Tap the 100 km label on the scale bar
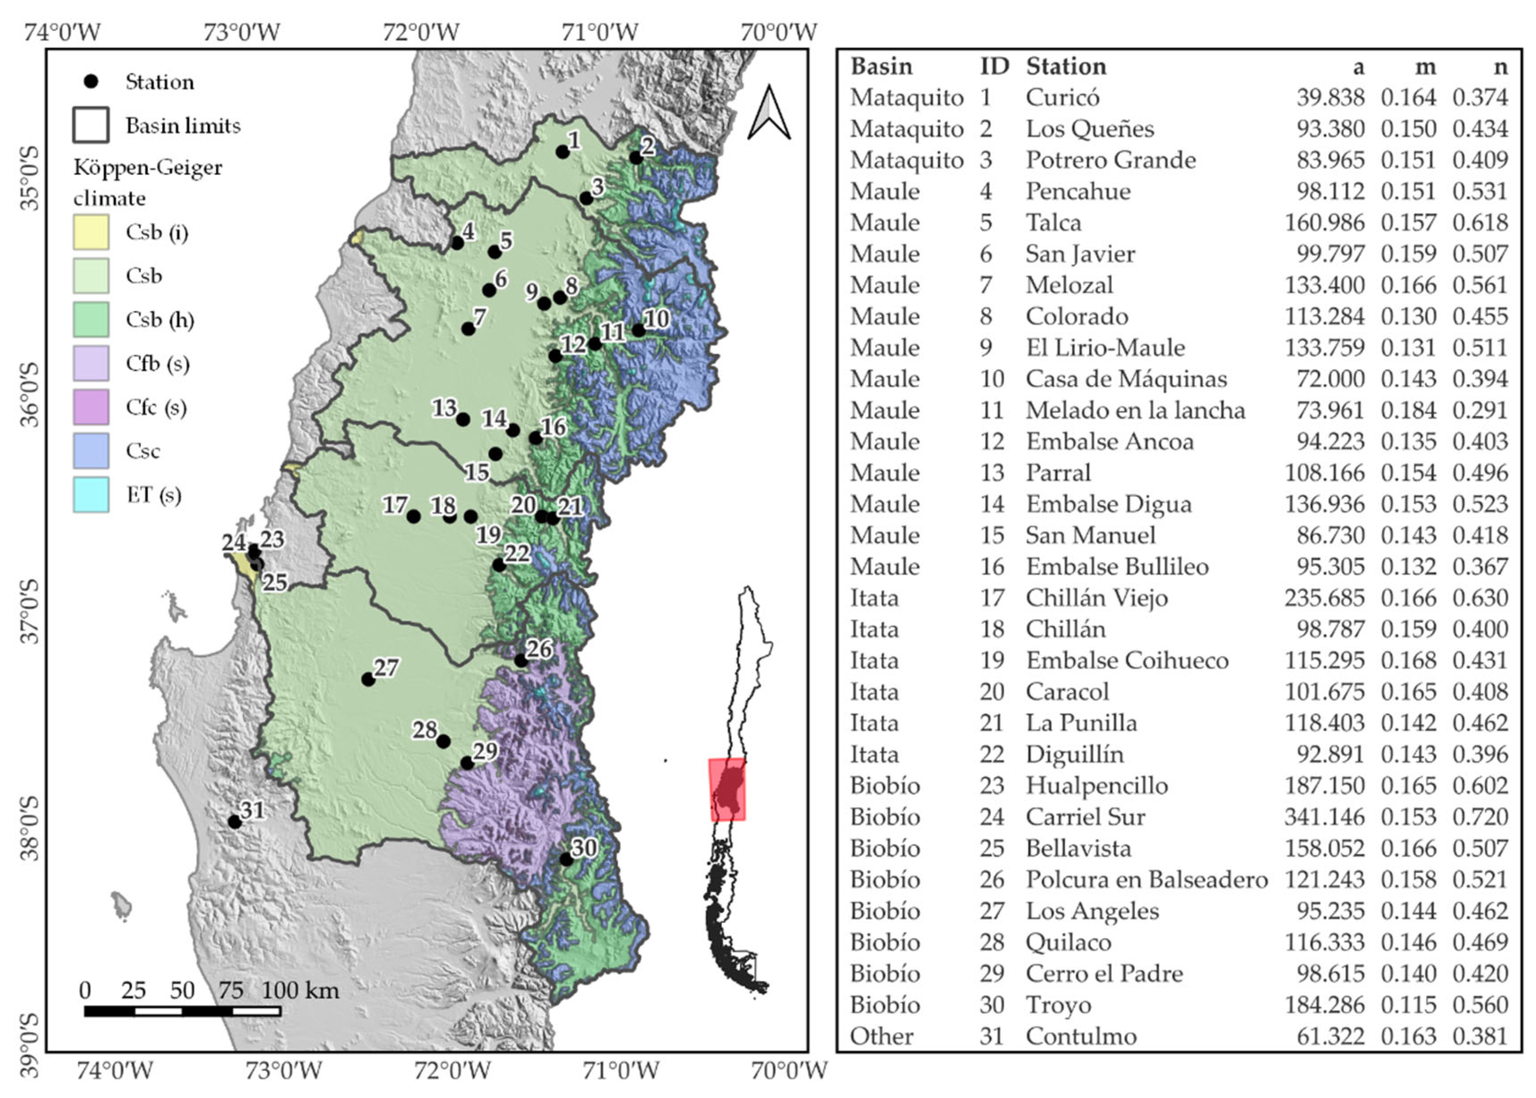[300, 991]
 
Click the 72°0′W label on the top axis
[421, 32]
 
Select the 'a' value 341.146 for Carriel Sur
[1324, 817]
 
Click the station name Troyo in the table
[1058, 1005]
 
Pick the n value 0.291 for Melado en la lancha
[1480, 410]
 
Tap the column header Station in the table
[1066, 66]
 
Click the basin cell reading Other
[881, 1036]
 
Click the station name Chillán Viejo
[1096, 598]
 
